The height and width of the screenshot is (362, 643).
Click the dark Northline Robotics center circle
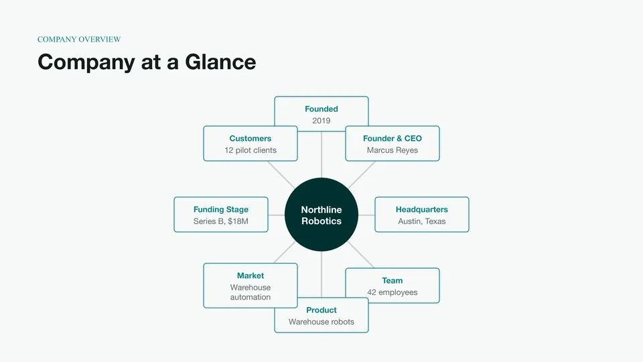pos(321,215)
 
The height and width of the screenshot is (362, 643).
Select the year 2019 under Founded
pos(321,121)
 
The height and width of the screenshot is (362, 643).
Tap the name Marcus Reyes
pos(392,150)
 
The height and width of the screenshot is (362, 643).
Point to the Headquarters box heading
pos(421,209)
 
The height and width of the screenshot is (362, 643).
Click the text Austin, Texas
pos(421,221)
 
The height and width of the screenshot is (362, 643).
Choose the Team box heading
pos(392,280)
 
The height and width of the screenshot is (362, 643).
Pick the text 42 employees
pos(392,292)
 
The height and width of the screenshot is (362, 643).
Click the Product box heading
pos(321,310)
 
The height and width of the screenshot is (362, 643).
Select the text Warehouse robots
pos(321,322)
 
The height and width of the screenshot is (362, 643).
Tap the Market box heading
pos(251,276)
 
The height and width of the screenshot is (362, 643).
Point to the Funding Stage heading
pos(221,209)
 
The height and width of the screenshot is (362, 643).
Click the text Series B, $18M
pos(221,221)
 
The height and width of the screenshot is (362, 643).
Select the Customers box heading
pos(251,138)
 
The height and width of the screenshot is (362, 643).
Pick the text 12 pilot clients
pos(251,150)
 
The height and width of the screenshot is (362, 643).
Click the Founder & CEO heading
pos(392,138)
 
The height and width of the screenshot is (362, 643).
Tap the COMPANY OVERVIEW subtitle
pos(79,40)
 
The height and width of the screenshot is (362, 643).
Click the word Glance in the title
pos(220,62)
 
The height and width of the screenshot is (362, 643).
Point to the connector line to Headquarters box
pos(366,215)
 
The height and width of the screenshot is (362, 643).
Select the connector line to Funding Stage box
pos(277,215)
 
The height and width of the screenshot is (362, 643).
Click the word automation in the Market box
pos(251,297)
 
